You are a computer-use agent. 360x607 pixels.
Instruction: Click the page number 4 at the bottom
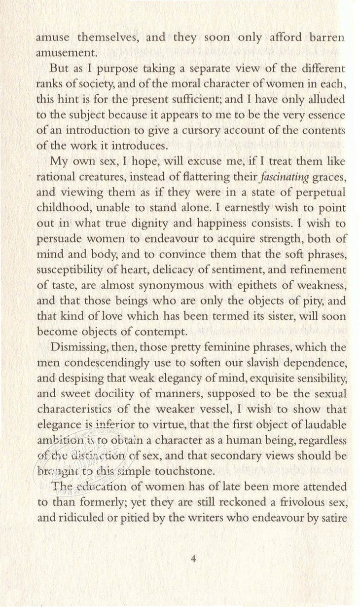pos(193,559)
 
